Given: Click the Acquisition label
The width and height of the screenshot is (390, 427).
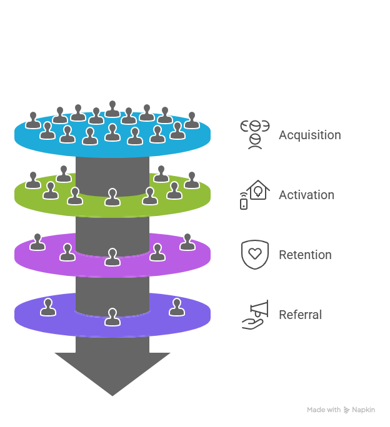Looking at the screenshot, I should click(309, 135).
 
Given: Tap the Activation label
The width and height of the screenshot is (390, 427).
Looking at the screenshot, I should click(306, 195).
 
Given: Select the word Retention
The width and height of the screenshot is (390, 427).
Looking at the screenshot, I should click(305, 255).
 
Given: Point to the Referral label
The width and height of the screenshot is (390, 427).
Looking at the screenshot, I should click(301, 315).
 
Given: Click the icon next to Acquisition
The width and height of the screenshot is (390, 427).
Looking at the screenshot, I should click(254, 134).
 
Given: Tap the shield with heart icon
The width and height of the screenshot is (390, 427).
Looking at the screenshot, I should click(254, 255).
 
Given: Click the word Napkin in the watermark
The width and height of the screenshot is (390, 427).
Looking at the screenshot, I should click(364, 410).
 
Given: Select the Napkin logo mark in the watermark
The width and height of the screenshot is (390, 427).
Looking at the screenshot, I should click(347, 410).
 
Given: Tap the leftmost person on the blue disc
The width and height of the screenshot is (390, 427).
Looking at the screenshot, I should click(33, 120).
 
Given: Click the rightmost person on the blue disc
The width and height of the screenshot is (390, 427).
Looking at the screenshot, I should click(192, 120).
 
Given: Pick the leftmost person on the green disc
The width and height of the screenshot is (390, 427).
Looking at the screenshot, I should click(33, 180).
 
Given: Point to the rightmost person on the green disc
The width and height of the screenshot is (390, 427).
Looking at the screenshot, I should click(192, 180).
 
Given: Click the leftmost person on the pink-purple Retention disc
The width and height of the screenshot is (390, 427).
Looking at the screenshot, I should click(37, 242).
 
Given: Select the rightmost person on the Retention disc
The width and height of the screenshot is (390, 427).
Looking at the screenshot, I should click(187, 242).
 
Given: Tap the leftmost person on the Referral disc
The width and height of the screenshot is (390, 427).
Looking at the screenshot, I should click(48, 308).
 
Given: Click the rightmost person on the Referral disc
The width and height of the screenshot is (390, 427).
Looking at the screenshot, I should click(177, 308).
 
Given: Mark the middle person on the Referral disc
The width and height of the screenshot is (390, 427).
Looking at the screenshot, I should click(112, 317).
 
